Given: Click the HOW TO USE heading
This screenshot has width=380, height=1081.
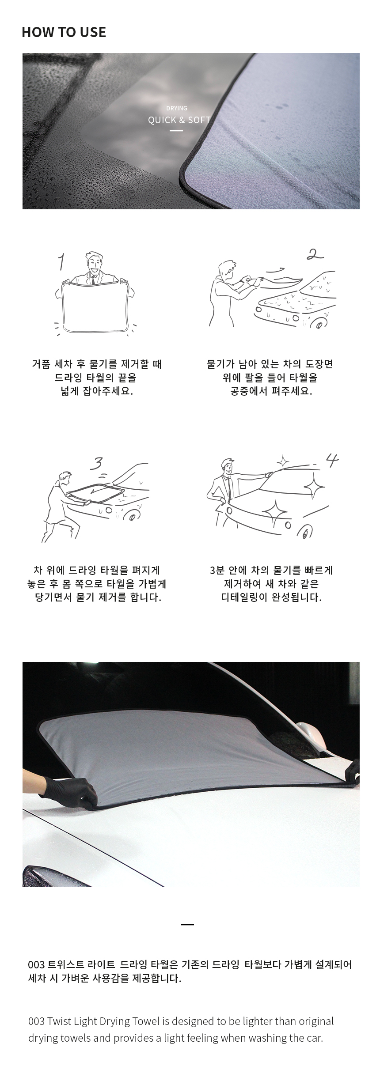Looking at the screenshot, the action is coord(64,32).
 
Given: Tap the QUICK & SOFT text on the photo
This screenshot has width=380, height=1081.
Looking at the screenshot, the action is coord(179,120).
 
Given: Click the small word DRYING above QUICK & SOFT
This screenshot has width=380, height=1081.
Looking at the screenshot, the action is coord(177,108).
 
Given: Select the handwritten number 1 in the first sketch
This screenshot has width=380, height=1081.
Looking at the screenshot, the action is coord(61,261).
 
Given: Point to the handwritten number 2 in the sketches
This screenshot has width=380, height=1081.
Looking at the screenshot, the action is coord(315,255).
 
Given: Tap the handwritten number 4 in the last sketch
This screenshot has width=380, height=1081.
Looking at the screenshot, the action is coord(332,460).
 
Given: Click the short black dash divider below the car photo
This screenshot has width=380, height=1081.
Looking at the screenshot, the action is coord(187,924).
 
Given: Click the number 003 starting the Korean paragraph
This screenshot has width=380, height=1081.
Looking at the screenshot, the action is coord(36,965).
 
